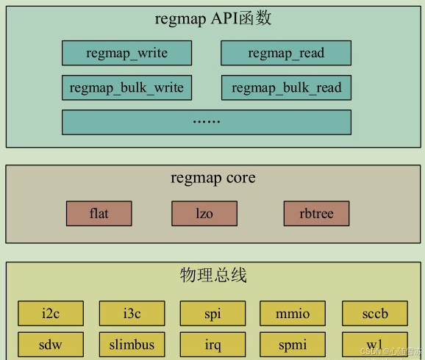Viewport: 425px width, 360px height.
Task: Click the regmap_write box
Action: (126, 53)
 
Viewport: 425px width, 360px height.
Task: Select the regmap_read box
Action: (286, 53)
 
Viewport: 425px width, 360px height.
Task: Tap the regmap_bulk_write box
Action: (126, 88)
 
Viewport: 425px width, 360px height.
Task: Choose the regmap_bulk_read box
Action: (286, 88)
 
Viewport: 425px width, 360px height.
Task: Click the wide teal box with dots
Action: (206, 122)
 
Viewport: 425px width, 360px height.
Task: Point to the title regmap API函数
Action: (213, 18)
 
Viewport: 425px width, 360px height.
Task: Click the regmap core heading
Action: (213, 178)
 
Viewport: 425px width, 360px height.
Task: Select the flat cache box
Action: (99, 214)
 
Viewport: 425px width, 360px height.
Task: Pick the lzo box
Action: (204, 214)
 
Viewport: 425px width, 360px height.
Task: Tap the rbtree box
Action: (316, 214)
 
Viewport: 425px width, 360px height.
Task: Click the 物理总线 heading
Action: (213, 276)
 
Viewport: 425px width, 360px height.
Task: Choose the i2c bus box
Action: (51, 314)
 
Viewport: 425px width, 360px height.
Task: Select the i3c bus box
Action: (132, 314)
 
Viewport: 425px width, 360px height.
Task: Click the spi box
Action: (213, 314)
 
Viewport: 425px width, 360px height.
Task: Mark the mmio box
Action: (293, 314)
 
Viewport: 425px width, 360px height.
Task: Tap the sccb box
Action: (374, 314)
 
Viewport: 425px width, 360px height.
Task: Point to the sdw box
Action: (51, 345)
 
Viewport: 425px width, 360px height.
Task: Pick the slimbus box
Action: (132, 345)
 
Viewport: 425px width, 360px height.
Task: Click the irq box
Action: (213, 345)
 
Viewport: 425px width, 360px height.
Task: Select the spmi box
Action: (293, 345)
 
